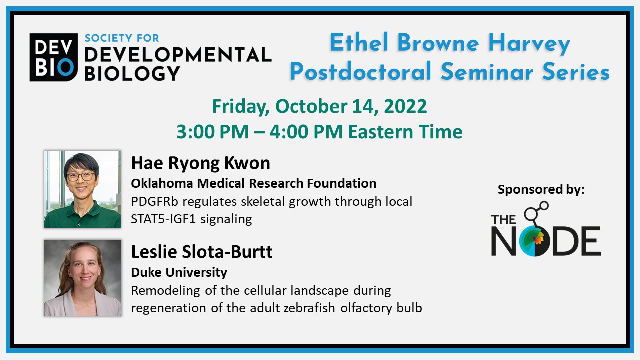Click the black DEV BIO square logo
(53, 57)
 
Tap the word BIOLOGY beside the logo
(132, 73)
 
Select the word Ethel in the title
(359, 42)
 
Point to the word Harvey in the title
(529, 44)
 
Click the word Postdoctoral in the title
(360, 71)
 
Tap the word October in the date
(311, 106)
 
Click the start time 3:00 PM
(213, 132)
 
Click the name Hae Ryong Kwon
(200, 163)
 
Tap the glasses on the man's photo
(81, 177)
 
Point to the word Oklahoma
(162, 183)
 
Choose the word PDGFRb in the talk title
(154, 201)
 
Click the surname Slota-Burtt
(227, 252)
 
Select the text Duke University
(179, 272)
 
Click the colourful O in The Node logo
(534, 241)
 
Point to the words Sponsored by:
(541, 190)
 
